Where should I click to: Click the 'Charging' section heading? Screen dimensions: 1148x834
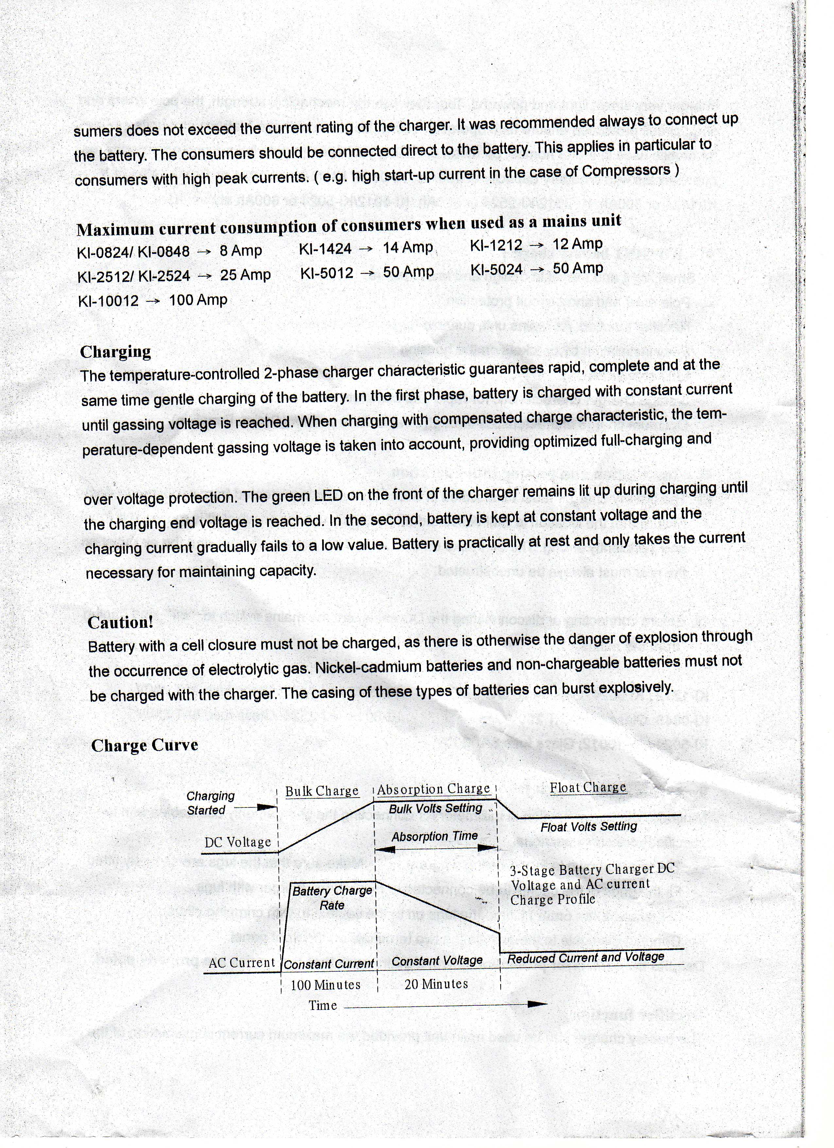(115, 352)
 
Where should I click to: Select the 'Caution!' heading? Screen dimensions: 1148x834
(120, 622)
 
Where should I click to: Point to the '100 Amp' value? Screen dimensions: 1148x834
(198, 300)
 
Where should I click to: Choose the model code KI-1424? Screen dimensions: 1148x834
(325, 249)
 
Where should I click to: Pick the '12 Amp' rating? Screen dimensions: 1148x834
(578, 244)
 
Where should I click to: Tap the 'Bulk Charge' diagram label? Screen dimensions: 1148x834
(322, 791)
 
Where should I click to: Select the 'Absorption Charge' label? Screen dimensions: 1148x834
(433, 789)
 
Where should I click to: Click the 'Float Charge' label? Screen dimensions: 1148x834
(588, 787)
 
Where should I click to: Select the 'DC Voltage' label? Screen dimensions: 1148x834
(238, 842)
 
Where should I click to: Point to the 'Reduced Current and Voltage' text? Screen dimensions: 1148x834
(585, 958)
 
